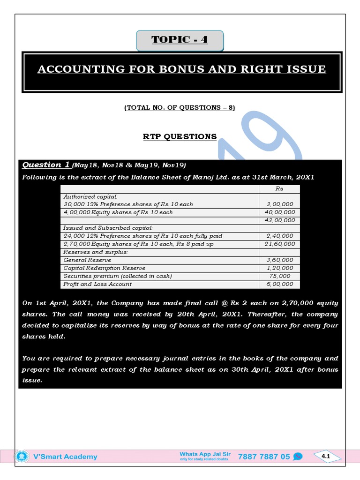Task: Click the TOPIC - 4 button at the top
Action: click(180, 40)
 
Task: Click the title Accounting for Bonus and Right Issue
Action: click(181, 69)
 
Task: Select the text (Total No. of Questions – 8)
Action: click(180, 108)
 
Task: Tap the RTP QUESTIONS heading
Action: click(180, 136)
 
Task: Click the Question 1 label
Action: click(46, 165)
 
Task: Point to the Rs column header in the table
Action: click(280, 188)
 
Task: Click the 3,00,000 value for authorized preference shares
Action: click(280, 204)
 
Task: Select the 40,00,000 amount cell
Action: click(280, 212)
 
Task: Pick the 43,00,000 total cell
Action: click(280, 220)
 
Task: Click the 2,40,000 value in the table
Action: click(280, 236)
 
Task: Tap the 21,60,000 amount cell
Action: click(280, 244)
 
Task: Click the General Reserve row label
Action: click(87, 260)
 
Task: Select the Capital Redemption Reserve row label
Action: click(104, 268)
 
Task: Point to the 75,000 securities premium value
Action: click(280, 276)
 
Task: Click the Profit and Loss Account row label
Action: click(97, 284)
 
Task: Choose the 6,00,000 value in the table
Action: click(280, 284)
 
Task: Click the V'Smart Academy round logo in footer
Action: click(21, 457)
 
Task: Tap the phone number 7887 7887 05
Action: click(264, 457)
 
